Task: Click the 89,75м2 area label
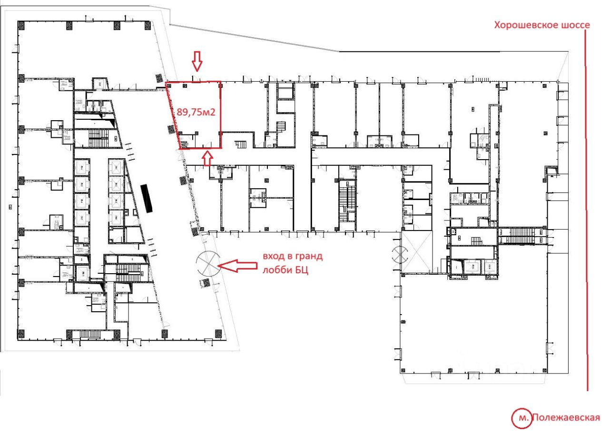tap(196, 112)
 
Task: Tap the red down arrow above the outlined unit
tap(197, 61)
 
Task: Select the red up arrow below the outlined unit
tap(208, 159)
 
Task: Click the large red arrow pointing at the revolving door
tap(237, 266)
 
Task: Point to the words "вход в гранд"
tap(293, 257)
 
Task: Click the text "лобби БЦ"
tap(285, 270)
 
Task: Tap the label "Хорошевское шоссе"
tap(542, 25)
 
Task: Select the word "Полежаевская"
tap(566, 417)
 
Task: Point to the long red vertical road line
tap(587, 211)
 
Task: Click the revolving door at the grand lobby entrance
tap(208, 263)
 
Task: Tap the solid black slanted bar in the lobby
tap(147, 198)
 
